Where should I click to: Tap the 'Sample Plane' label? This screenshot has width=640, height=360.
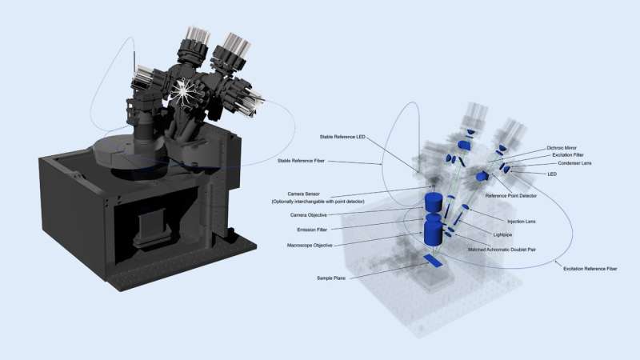tap(328, 278)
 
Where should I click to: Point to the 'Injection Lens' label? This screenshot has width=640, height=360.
tap(522, 222)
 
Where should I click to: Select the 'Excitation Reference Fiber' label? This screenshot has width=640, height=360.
tap(589, 270)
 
